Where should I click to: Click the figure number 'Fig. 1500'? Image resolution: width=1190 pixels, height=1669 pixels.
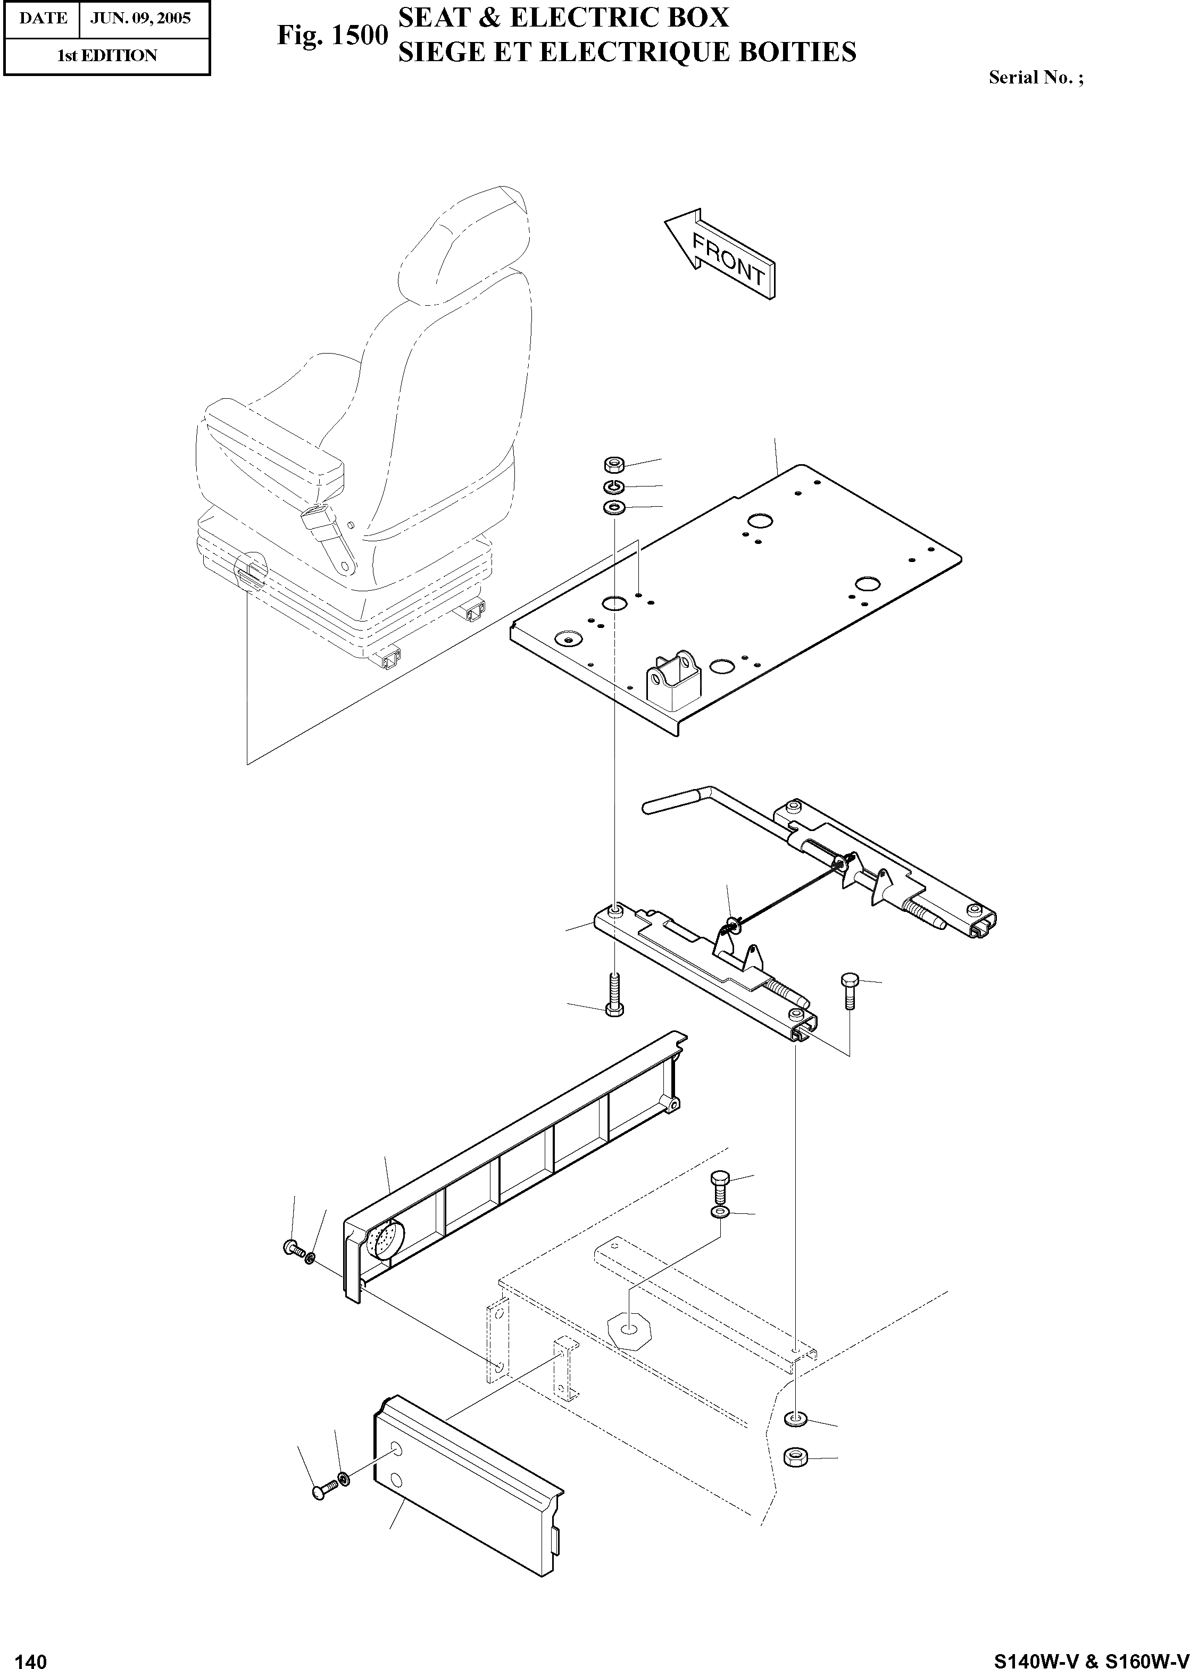[x=332, y=35]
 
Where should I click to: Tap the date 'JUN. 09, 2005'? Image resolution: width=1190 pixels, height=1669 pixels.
[x=140, y=18]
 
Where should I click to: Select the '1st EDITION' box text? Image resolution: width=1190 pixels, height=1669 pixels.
[x=107, y=56]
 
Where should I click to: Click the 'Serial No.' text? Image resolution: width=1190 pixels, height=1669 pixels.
[x=1035, y=78]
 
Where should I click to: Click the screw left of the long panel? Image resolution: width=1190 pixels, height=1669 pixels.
[x=293, y=1247]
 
